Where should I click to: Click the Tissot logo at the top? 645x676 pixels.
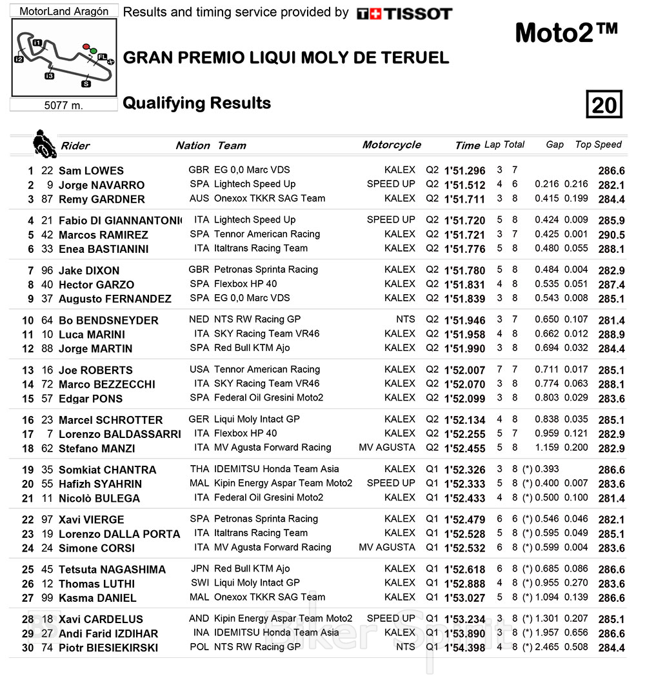(x=404, y=14)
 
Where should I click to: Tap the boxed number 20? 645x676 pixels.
(x=604, y=104)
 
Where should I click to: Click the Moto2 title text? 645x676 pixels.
(x=566, y=33)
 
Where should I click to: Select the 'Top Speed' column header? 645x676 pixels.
(x=598, y=144)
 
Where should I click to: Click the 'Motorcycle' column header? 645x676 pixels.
(x=392, y=144)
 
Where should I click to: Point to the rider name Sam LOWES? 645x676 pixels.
(x=91, y=171)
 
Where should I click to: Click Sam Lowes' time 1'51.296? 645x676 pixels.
(x=464, y=171)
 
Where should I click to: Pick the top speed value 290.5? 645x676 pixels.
(x=611, y=235)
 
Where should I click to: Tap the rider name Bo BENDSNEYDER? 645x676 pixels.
(x=108, y=321)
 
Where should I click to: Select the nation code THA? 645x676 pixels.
(x=199, y=469)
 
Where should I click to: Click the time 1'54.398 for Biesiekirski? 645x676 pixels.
(x=464, y=648)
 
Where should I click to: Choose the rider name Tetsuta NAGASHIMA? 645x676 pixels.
(x=112, y=570)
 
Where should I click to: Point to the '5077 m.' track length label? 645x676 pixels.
(x=63, y=105)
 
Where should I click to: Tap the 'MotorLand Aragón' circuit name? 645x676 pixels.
(x=64, y=12)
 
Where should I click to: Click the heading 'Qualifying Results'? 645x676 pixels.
(x=197, y=103)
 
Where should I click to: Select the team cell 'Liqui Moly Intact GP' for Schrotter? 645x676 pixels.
(x=257, y=419)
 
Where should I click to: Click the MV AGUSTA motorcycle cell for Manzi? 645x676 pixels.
(x=387, y=448)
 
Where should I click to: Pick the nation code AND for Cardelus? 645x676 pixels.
(x=199, y=618)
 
